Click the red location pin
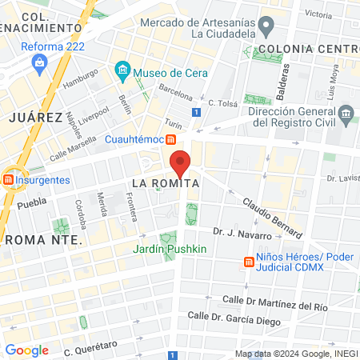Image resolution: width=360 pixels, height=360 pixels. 181,162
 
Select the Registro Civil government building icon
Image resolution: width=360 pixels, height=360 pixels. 346,116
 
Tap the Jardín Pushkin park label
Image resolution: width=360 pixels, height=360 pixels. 170,249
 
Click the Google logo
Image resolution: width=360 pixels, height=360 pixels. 26,350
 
